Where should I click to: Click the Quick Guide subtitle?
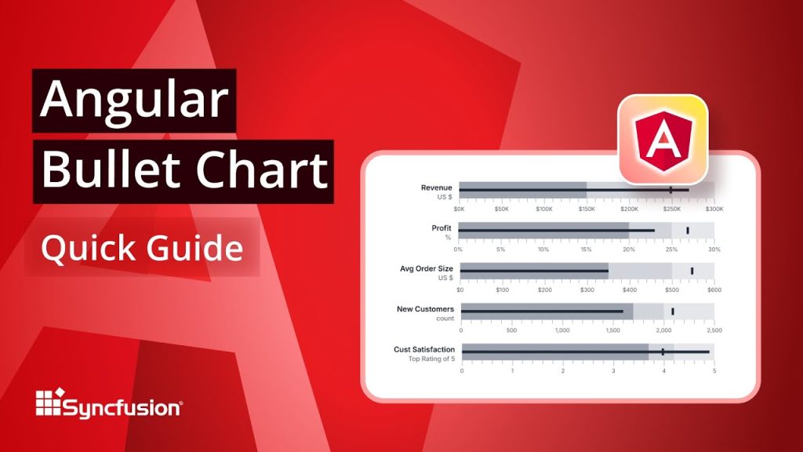142,248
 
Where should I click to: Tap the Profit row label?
441,228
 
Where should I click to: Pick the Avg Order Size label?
427,268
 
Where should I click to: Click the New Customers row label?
426,309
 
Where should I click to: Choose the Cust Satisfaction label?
424,349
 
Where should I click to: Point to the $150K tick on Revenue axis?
587,209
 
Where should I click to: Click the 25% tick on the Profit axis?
671,249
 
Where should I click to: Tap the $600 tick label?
714,290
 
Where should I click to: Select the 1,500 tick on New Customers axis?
612,330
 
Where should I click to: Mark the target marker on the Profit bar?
688,230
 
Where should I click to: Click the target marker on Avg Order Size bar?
692,271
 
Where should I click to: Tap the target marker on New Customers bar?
673,312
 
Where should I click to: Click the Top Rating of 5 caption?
431,359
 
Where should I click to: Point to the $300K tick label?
714,209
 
